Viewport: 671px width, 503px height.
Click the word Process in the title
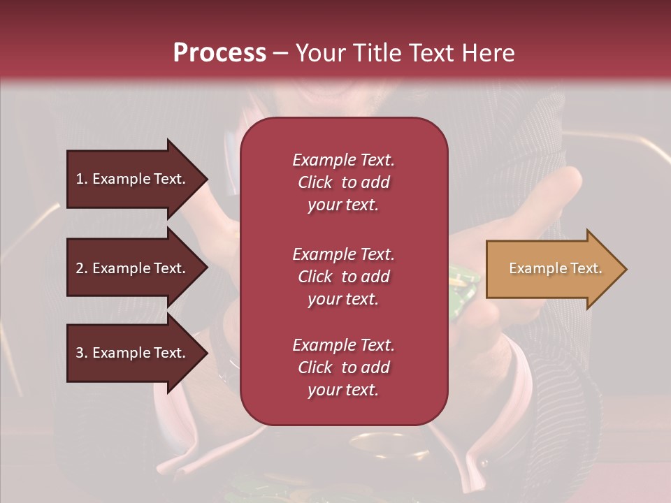(x=219, y=53)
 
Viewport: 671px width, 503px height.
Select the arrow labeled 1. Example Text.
(x=133, y=179)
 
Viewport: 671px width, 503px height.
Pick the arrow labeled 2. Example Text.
(x=133, y=268)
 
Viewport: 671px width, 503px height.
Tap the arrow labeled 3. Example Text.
(x=133, y=353)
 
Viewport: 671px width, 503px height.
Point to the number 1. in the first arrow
(x=82, y=179)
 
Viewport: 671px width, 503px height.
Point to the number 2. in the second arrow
(x=82, y=268)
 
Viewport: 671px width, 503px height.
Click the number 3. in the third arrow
(x=82, y=353)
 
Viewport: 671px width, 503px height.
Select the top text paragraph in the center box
(x=343, y=182)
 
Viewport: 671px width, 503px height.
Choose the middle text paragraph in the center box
(x=343, y=277)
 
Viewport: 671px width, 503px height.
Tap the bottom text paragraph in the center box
(x=343, y=367)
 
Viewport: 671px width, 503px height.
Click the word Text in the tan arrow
(x=585, y=268)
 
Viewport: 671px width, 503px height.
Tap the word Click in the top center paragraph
(x=315, y=182)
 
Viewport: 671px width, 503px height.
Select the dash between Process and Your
(x=280, y=54)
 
